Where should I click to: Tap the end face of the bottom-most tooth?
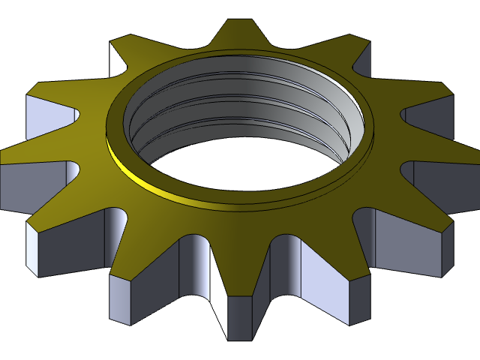pos(240,318)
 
